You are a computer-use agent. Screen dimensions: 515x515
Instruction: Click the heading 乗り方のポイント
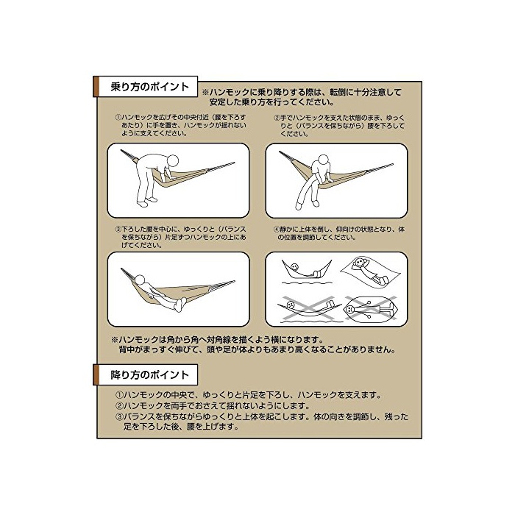150,87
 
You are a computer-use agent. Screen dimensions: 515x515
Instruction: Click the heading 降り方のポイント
150,374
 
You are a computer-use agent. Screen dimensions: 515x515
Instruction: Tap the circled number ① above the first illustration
118,117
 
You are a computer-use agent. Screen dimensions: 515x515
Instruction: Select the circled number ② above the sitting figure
277,118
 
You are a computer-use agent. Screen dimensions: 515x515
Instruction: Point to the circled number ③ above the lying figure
118,230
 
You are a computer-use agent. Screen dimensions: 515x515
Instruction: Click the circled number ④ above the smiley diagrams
277,230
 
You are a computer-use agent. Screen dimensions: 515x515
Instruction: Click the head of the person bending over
173,161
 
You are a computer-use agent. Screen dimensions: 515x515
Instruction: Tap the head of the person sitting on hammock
324,160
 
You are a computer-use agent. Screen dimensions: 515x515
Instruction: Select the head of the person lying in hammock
140,280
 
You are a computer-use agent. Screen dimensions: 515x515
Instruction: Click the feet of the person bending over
147,202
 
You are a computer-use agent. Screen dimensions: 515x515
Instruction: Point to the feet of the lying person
180,305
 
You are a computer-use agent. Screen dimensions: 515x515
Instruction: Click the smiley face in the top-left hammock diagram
294,266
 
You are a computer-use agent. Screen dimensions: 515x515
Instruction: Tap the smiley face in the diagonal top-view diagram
360,263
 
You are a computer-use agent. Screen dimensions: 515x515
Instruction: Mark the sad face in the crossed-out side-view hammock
291,305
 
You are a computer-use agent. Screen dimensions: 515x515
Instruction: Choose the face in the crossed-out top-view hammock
350,309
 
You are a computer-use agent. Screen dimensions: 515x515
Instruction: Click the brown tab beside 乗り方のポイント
96,87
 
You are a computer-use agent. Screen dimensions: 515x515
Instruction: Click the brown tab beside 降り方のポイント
96,374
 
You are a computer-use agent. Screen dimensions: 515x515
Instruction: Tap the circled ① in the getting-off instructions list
119,395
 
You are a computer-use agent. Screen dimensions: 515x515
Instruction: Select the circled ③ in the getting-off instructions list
119,417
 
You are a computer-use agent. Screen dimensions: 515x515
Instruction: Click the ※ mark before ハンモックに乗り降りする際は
205,92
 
